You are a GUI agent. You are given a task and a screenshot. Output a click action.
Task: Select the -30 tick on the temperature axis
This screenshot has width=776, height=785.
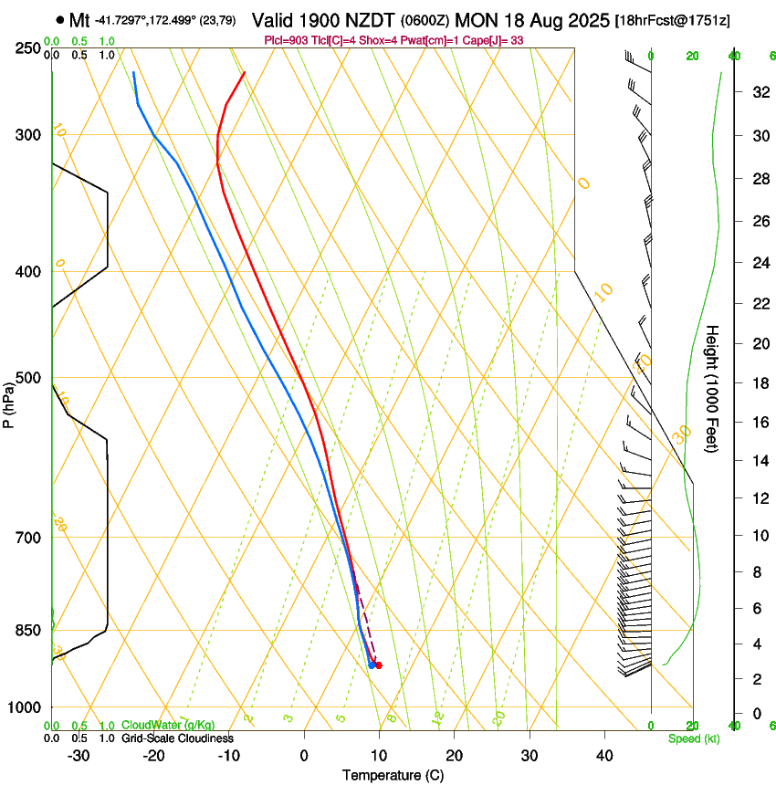tap(79, 755)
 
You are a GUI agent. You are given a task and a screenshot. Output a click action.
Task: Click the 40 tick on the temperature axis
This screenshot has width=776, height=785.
tap(604, 755)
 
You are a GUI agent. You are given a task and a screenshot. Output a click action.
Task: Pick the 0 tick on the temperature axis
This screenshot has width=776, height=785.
tap(304, 755)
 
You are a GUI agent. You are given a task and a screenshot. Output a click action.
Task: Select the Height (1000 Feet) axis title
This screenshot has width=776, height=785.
tap(712, 389)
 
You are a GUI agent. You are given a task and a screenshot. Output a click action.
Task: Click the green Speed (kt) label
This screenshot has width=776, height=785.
tap(693, 738)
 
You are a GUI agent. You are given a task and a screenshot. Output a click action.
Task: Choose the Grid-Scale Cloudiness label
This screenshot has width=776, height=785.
tap(177, 738)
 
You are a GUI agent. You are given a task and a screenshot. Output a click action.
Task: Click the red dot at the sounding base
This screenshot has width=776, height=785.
tap(378, 665)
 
